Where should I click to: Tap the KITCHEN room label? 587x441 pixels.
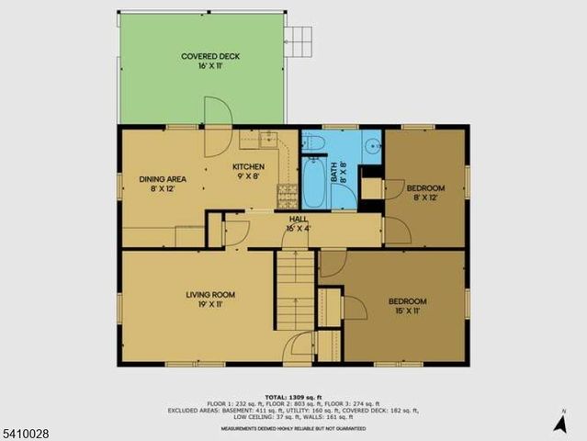tap(248, 166)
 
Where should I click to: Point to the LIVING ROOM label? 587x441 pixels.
tap(210, 294)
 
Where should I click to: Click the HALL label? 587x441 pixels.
tap(299, 219)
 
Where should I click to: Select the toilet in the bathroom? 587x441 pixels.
tap(311, 141)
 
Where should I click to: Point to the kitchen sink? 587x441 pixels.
tap(267, 140)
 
